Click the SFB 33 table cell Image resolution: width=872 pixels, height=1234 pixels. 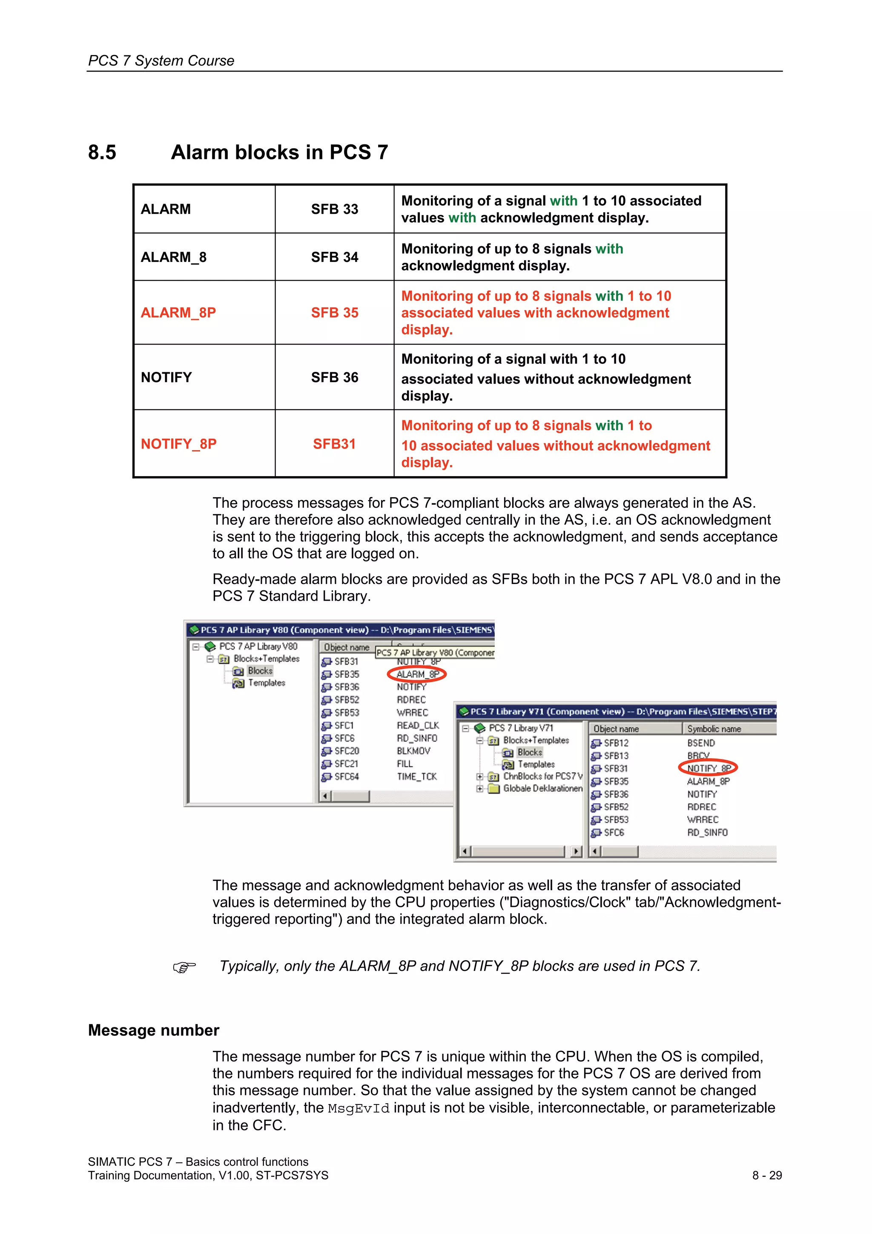coord(334,209)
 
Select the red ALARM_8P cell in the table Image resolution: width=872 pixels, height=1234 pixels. coord(178,313)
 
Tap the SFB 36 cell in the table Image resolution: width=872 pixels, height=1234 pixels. coord(334,377)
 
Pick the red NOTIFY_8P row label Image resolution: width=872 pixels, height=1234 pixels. coord(178,444)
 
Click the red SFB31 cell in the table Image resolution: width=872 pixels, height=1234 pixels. coord(334,444)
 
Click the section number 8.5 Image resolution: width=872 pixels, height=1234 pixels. coord(102,152)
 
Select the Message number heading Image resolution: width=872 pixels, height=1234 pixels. coord(154,1030)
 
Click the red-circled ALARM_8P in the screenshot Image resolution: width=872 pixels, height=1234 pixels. coord(417,674)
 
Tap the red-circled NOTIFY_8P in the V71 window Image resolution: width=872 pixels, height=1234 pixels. coord(708,768)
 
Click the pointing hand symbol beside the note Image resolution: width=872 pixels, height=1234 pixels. coord(184,967)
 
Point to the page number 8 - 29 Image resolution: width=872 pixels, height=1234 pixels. coord(767,1175)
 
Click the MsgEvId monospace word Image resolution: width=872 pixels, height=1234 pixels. coord(359,1109)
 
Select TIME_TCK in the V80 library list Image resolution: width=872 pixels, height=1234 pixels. coord(416,777)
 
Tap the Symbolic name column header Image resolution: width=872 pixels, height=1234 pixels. coord(714,729)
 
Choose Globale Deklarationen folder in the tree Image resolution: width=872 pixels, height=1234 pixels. coord(542,788)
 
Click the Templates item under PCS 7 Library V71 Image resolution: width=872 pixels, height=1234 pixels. coord(536,764)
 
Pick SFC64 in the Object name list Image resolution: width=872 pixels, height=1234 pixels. coord(346,777)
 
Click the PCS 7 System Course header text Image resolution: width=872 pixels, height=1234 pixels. coord(161,61)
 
